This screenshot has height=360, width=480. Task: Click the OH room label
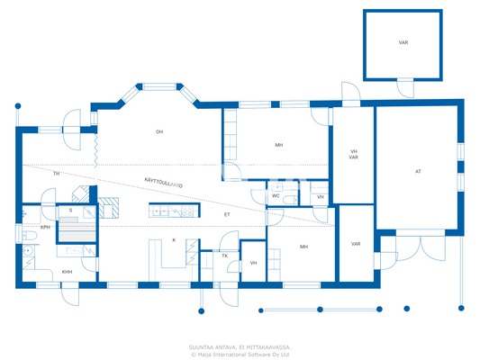159,132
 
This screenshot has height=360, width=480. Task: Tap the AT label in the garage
418,171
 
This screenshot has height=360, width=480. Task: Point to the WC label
276,195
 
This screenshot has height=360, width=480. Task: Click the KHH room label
67,272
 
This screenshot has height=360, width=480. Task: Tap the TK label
225,256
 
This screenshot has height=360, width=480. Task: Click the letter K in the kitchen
174,240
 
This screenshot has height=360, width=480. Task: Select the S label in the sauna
70,211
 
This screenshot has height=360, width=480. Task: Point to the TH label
56,173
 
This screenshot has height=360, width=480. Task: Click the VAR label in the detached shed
403,42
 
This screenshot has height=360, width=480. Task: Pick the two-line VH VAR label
354,154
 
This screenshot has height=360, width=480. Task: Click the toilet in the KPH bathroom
29,249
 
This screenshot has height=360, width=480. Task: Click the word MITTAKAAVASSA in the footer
266,346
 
